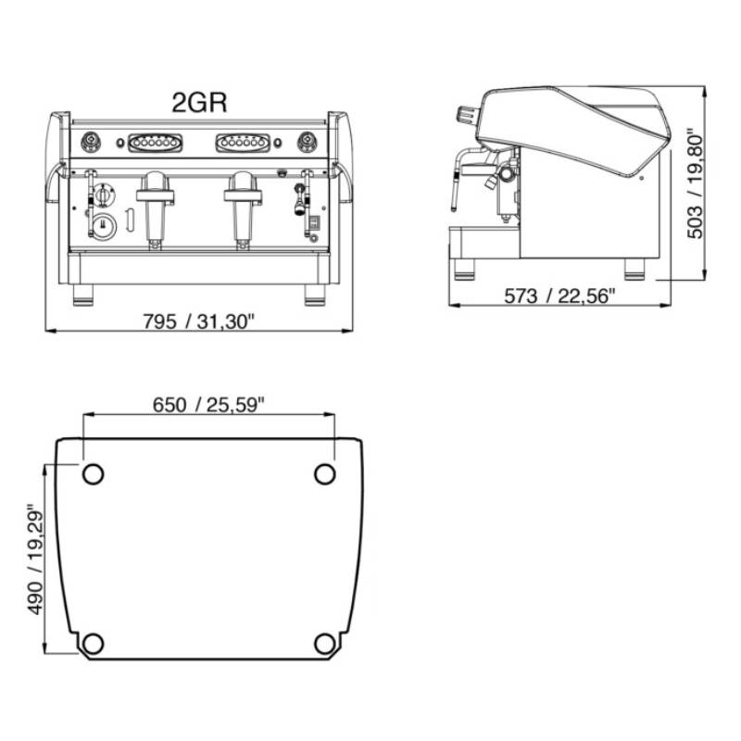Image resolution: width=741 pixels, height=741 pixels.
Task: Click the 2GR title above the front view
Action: click(x=199, y=102)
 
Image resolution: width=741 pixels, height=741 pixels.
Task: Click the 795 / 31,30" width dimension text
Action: click(x=198, y=321)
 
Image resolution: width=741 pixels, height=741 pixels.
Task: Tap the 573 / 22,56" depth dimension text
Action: click(x=559, y=296)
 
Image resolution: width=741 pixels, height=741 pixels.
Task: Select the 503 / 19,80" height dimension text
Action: click(x=694, y=184)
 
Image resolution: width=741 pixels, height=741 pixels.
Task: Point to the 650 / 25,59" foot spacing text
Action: click(x=208, y=405)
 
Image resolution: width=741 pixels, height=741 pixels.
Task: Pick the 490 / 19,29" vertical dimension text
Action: click(x=34, y=560)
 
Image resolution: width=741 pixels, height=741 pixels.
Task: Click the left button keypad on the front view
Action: click(x=155, y=143)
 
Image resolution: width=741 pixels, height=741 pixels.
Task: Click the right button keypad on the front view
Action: click(x=243, y=143)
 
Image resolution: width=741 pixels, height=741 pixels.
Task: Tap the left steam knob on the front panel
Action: click(x=91, y=142)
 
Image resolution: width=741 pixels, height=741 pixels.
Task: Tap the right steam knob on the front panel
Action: click(x=308, y=142)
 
